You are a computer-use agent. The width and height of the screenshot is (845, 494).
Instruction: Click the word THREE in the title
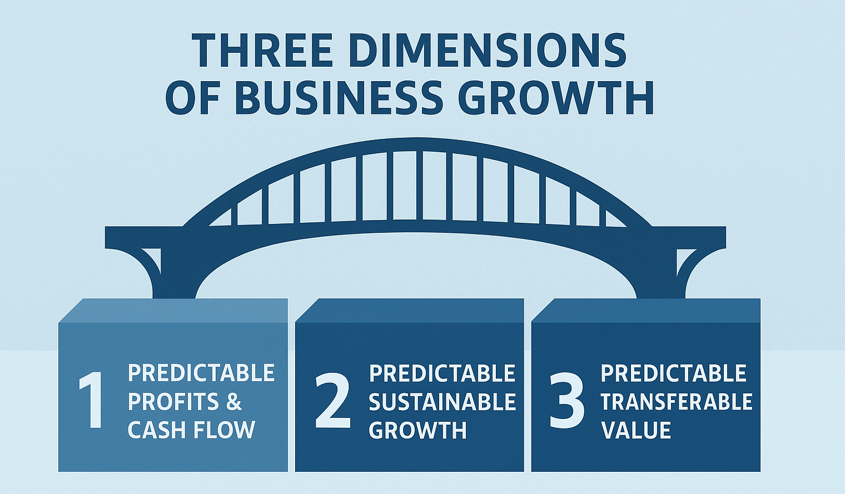[261, 50]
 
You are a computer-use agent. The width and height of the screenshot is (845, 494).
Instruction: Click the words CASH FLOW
[191, 430]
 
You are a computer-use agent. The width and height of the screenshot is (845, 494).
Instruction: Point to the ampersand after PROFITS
[234, 401]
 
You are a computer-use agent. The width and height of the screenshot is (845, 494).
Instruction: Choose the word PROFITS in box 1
[173, 401]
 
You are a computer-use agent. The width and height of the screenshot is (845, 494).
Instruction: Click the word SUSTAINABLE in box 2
[443, 401]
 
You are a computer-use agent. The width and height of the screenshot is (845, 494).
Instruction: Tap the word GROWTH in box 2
[417, 430]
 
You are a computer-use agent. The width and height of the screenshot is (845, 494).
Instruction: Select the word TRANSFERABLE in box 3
[677, 401]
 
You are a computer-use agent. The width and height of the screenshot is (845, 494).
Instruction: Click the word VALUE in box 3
[636, 430]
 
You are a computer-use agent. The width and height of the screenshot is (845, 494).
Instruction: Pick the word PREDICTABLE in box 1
[201, 373]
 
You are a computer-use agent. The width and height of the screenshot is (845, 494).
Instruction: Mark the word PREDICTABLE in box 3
[673, 373]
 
